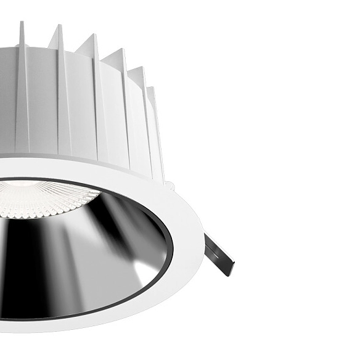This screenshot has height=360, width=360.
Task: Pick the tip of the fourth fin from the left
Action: tap(123, 50)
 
